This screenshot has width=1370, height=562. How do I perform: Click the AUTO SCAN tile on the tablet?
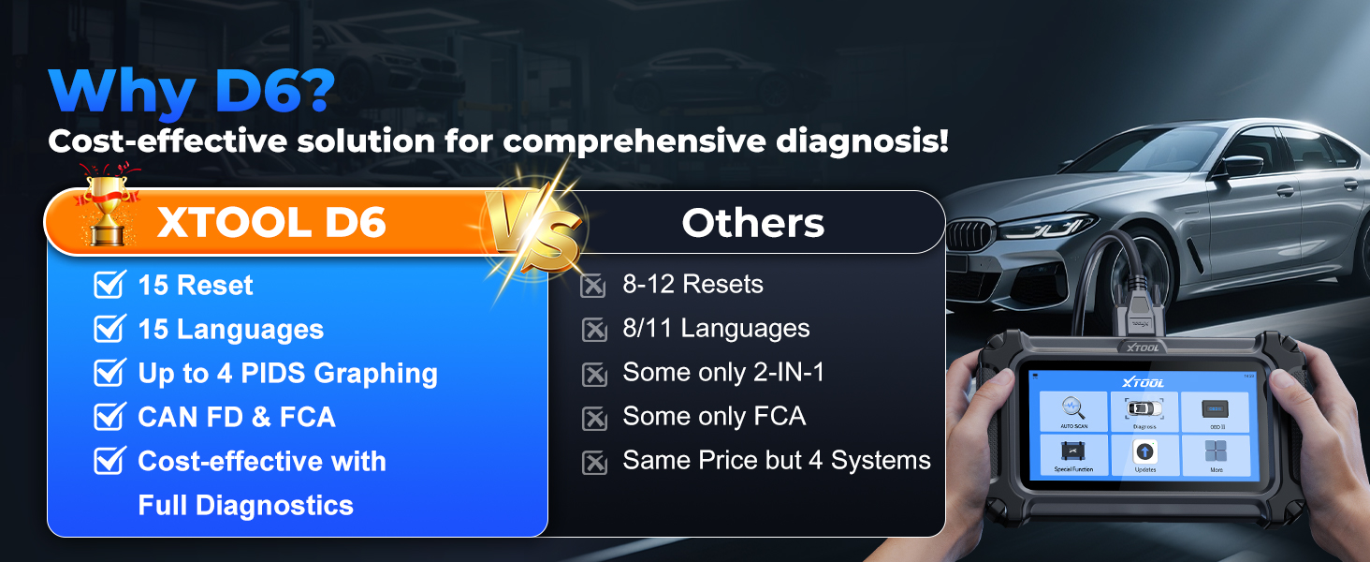1073,411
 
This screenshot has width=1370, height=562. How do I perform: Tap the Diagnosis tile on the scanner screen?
1144,411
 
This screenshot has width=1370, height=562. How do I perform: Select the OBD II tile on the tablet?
1215,411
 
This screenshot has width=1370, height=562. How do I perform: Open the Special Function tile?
1073,454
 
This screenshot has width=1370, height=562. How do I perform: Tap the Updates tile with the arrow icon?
1144,454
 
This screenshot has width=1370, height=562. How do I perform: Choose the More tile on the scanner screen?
1215,454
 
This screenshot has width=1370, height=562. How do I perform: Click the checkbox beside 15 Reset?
109,285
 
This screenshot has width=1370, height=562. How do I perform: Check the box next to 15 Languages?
109,329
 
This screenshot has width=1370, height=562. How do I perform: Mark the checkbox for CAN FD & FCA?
109,417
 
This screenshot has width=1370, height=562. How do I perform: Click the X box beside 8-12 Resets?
594,285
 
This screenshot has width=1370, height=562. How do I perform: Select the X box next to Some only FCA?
594,418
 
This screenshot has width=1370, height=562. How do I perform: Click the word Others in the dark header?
752,223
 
